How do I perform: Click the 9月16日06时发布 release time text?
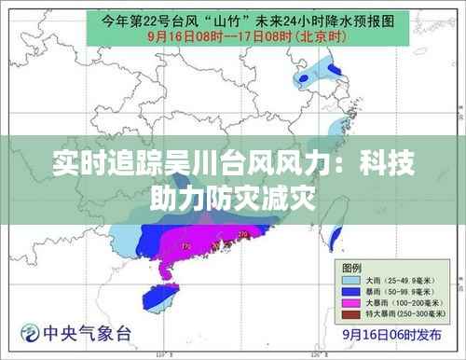[391, 333]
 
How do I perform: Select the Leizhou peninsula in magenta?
[166, 270]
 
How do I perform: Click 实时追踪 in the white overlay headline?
[99, 169]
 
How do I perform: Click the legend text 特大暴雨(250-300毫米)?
[404, 313]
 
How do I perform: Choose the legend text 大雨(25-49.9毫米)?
[396, 279]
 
